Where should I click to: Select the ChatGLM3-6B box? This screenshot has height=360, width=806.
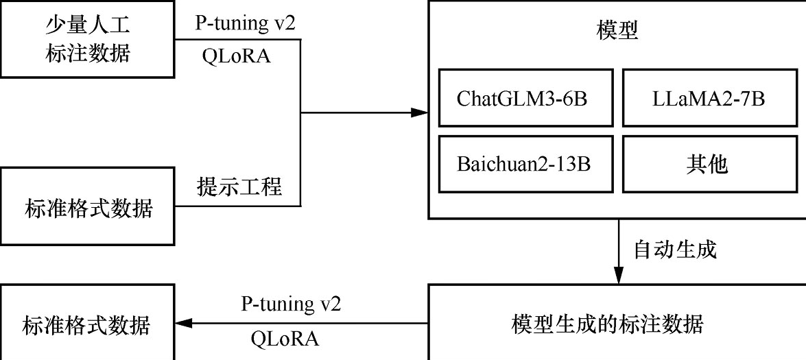[x=526, y=97]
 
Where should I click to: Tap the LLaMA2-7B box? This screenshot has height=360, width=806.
[x=709, y=97]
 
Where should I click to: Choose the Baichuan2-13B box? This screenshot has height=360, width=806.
[x=526, y=165]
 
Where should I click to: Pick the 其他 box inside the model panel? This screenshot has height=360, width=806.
[x=709, y=165]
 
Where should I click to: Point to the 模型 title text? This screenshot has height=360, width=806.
[x=617, y=32]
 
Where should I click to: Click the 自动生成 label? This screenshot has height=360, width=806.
[x=675, y=250]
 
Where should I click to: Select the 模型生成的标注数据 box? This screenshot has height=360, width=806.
[x=617, y=322]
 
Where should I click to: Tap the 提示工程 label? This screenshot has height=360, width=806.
[x=239, y=187]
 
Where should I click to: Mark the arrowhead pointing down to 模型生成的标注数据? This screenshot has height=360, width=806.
[x=618, y=275]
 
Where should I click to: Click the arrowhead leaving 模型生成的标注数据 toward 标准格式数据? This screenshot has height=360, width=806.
[x=185, y=324]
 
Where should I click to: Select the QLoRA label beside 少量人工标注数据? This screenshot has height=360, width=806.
[x=236, y=56]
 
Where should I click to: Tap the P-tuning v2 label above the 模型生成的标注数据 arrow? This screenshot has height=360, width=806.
[x=291, y=304]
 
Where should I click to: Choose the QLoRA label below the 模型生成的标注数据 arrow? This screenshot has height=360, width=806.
[x=285, y=339]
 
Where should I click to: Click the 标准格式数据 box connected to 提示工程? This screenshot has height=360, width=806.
[x=87, y=206]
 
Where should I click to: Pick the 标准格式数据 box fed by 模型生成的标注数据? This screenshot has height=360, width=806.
[x=87, y=324]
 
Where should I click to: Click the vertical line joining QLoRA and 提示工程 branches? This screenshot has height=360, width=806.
[x=300, y=123]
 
